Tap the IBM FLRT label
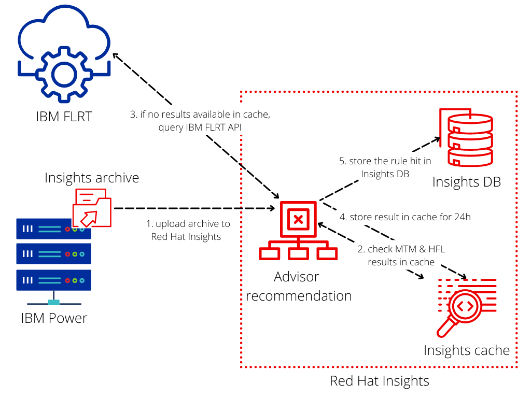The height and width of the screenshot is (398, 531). (x=64, y=117)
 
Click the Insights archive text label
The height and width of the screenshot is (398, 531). (x=92, y=178)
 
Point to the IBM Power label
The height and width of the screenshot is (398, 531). (x=54, y=317)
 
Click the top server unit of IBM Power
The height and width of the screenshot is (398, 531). (x=54, y=229)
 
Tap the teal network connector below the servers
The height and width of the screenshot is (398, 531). (x=54, y=303)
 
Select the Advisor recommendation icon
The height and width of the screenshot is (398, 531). (x=298, y=231)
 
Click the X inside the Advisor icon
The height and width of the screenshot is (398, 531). (x=298, y=219)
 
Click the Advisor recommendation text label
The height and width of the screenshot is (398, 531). (x=299, y=286)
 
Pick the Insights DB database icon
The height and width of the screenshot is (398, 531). (x=465, y=137)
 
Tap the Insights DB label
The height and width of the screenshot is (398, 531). (x=466, y=182)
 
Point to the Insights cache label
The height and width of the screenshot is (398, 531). (x=467, y=350)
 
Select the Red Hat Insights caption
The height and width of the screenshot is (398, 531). (x=380, y=381)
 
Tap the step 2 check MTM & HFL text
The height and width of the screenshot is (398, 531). (x=401, y=255)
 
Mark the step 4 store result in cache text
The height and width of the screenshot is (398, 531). (x=405, y=217)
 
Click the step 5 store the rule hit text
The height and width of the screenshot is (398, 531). (x=385, y=167)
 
